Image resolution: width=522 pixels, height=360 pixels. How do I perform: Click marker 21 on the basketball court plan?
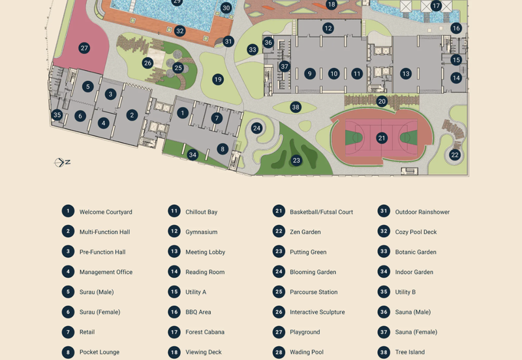pyautogui.click(x=382, y=138)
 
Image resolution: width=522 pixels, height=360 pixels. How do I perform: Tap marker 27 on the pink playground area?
pyautogui.click(x=84, y=48)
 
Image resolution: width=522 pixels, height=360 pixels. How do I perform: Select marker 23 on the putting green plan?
pyautogui.click(x=296, y=160)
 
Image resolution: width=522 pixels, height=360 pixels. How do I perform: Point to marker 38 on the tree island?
pyautogui.click(x=296, y=107)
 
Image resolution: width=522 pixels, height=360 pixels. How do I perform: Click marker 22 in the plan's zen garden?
pyautogui.click(x=455, y=155)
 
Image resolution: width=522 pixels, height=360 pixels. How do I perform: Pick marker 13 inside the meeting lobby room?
pyautogui.click(x=406, y=74)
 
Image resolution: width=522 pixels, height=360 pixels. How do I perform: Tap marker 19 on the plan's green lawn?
pyautogui.click(x=218, y=80)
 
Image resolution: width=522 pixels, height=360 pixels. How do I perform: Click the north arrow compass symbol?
pyautogui.click(x=63, y=162)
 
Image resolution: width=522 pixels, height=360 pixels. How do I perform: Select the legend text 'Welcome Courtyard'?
pyautogui.click(x=106, y=212)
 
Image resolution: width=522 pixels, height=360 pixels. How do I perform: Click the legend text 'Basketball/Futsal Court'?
pyautogui.click(x=321, y=212)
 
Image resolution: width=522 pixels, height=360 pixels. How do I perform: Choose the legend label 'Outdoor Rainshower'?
pyautogui.click(x=422, y=212)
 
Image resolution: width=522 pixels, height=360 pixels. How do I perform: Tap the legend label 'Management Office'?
pyautogui.click(x=106, y=272)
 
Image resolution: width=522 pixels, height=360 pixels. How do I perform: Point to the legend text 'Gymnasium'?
pyautogui.click(x=201, y=232)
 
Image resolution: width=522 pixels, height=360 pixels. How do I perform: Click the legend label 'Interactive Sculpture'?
pyautogui.click(x=317, y=312)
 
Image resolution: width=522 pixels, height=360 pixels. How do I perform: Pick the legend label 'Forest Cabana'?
pyautogui.click(x=205, y=332)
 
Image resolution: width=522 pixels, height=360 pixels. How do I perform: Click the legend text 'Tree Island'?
pyautogui.click(x=410, y=352)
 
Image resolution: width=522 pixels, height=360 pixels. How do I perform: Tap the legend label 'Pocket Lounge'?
pyautogui.click(x=99, y=352)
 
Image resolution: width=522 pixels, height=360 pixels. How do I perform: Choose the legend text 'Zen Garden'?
pyautogui.click(x=305, y=232)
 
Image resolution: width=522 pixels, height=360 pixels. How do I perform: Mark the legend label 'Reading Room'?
pyautogui.click(x=205, y=272)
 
